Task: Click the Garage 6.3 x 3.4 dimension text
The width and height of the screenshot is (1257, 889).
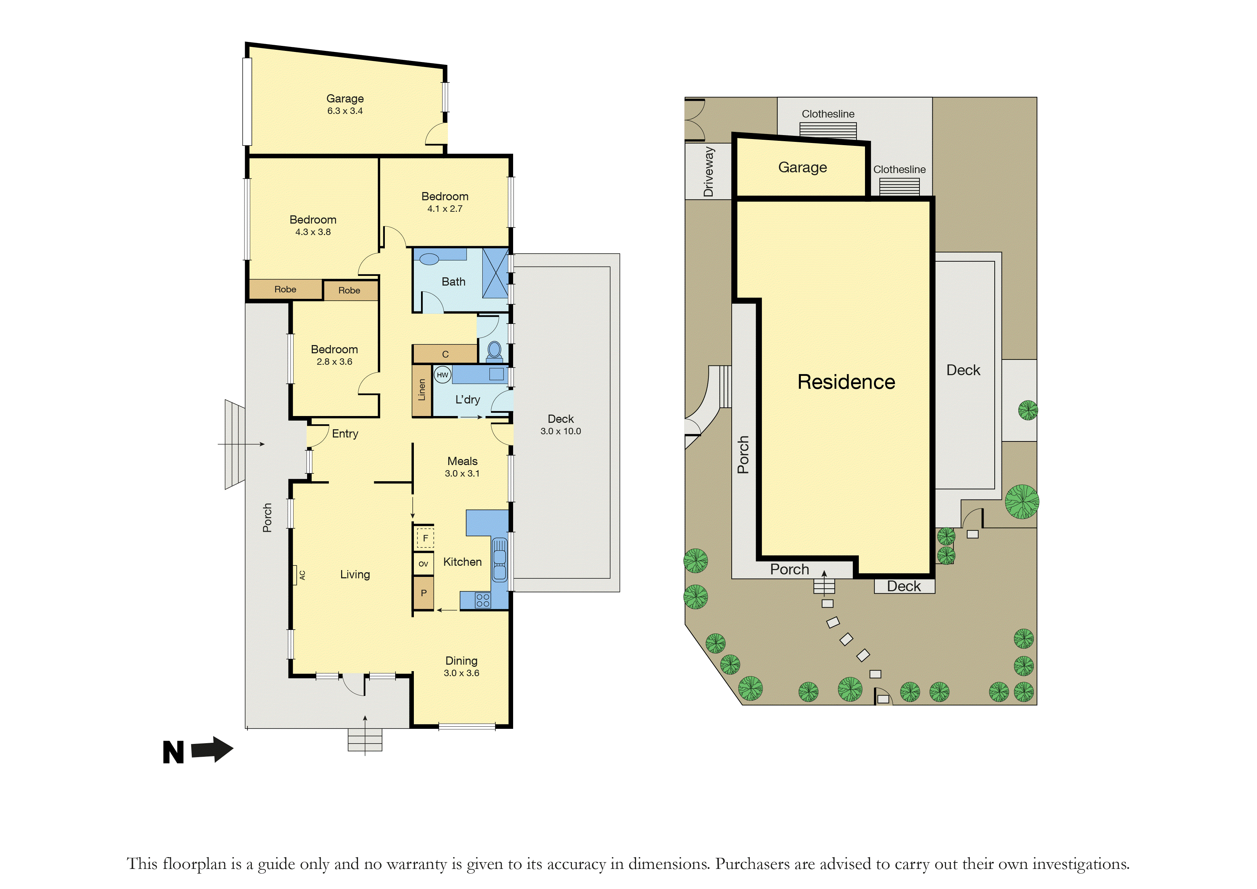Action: click(345, 111)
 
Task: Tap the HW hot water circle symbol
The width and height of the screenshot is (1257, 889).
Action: click(443, 375)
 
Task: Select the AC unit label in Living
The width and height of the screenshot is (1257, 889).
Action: click(302, 575)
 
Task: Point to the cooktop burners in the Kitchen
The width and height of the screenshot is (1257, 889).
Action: click(483, 600)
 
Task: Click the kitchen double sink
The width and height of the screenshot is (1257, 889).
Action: click(499, 559)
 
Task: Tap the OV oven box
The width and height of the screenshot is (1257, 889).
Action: click(423, 564)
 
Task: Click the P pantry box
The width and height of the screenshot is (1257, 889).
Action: click(423, 593)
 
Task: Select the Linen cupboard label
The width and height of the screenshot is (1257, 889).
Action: click(421, 390)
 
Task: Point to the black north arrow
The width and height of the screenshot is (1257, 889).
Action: click(212, 749)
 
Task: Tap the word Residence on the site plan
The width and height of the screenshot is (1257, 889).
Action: click(846, 382)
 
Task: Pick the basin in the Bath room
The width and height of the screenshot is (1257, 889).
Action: click(430, 259)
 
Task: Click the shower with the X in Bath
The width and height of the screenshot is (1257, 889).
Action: click(496, 273)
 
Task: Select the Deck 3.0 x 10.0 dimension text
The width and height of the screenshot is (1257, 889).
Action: click(561, 431)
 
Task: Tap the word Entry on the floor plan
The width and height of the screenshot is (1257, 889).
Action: click(345, 434)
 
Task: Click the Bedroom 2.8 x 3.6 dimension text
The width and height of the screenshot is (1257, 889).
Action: click(335, 362)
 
